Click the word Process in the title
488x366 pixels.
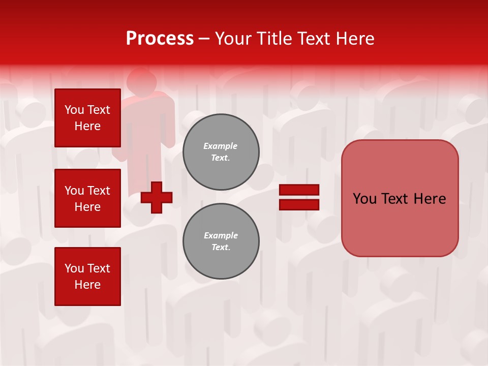160,39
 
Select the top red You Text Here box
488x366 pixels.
87,118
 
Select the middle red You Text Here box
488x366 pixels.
87,198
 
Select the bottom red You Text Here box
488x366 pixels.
87,276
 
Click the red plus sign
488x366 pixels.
157,197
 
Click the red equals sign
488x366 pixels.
299,197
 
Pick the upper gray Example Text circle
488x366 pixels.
221,152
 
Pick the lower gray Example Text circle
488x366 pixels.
221,241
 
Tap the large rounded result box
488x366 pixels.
400,224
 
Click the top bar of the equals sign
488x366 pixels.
299,190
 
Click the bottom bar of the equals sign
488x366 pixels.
299,204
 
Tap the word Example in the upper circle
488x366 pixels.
220,146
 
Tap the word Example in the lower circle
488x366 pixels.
221,235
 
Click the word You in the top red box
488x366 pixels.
74,110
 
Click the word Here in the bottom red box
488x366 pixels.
87,285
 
